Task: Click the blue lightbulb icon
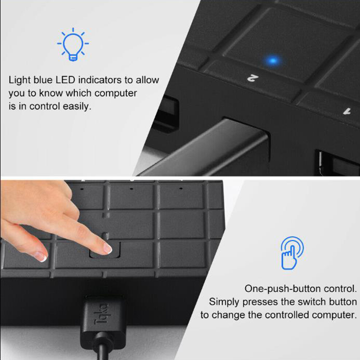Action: click(x=73, y=44)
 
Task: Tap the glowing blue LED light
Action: click(x=273, y=61)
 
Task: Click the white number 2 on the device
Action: click(x=252, y=77)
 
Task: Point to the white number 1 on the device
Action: click(x=347, y=112)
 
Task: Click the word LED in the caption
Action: click(x=65, y=80)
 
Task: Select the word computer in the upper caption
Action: click(x=116, y=93)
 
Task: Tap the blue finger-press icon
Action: click(x=292, y=253)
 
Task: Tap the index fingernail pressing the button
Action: click(x=108, y=248)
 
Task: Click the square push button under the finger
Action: click(x=105, y=250)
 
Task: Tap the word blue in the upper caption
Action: click(x=43, y=80)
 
